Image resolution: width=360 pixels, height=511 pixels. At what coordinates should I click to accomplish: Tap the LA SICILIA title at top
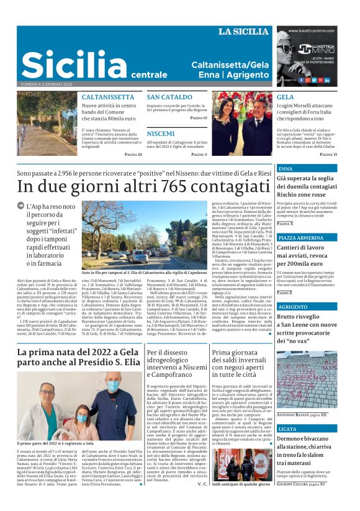(243, 31)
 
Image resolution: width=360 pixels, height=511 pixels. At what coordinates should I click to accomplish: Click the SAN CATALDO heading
(169, 97)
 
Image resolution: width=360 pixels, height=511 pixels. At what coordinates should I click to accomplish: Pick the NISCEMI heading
(161, 133)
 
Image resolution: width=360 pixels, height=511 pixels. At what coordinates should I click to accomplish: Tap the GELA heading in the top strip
(286, 97)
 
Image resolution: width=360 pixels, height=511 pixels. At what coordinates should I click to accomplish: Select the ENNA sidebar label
(286, 169)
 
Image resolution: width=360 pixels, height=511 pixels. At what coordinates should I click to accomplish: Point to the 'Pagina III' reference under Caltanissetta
(133, 153)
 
